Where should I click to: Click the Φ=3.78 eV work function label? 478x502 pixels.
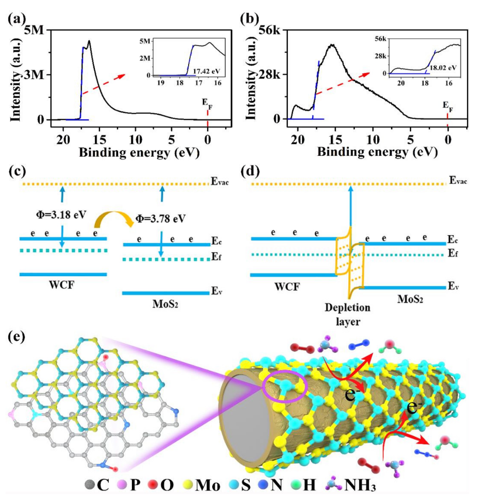pos(160,218)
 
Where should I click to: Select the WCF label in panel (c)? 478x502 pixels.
pos(62,284)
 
